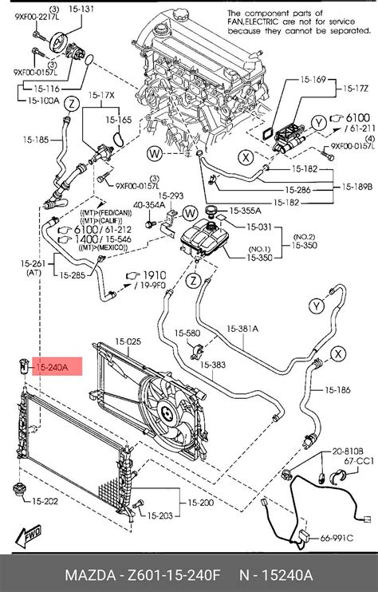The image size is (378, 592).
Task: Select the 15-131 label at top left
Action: point(82,10)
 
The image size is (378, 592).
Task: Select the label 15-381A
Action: point(243,328)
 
